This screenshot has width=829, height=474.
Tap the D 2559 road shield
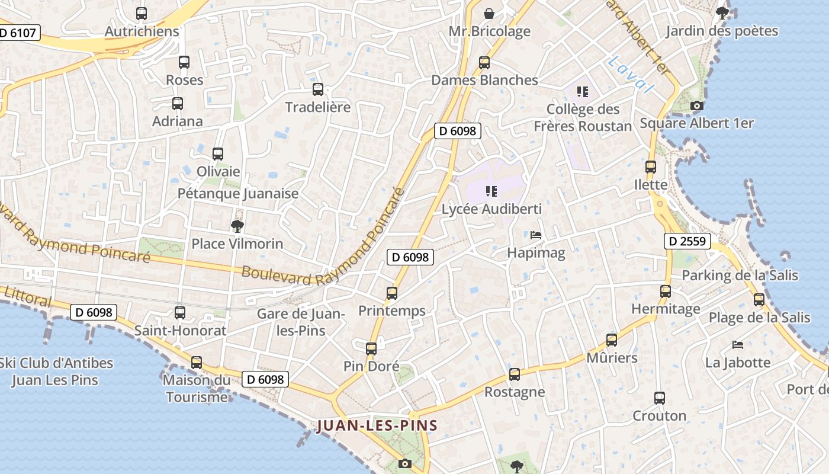tap(687, 241)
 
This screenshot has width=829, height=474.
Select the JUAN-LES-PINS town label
tap(377, 425)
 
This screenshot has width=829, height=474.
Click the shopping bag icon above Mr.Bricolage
tap(489, 13)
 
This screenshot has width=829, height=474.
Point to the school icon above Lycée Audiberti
tap(490, 191)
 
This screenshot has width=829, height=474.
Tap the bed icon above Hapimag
tap(536, 235)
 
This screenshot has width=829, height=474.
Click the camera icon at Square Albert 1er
tap(697, 106)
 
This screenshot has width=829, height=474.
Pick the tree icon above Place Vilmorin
tap(237, 226)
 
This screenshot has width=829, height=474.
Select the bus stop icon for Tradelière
tap(318, 89)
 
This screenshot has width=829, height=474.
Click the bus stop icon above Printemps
tap(391, 293)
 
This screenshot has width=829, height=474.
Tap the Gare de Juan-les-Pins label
tap(301, 322)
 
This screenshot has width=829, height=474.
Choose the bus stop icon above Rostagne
tap(515, 374)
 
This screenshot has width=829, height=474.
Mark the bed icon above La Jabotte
tap(738, 344)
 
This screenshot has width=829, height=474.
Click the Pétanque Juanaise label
tap(238, 193)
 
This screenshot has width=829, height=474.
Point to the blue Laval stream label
tap(632, 75)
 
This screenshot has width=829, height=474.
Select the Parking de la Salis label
tap(740, 275)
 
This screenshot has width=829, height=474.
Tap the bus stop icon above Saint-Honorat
tap(180, 313)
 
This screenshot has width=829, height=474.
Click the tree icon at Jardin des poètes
tap(722, 13)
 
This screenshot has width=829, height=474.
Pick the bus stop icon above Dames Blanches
tap(484, 62)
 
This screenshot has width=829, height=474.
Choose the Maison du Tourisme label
tap(197, 388)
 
